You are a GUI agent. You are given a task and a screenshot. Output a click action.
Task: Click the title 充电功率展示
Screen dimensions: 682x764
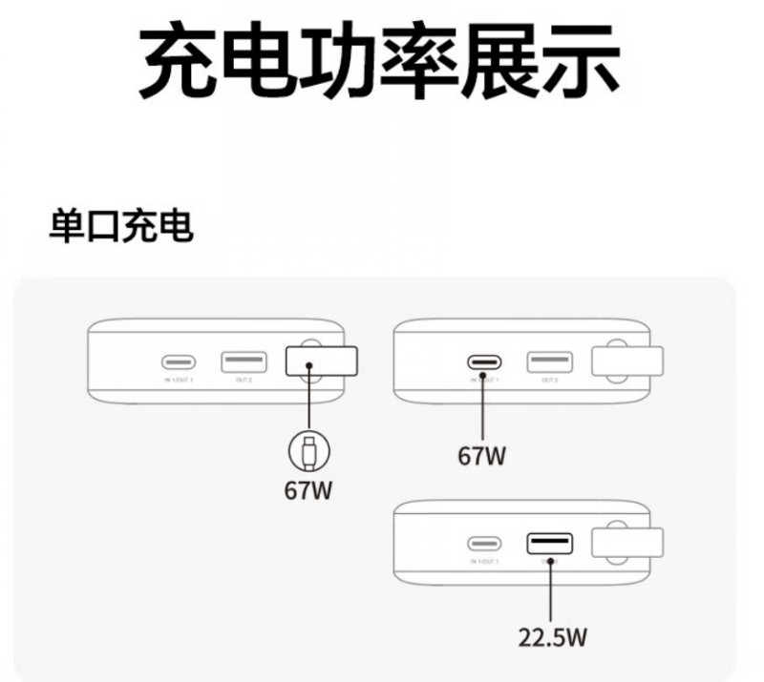pyautogui.click(x=381, y=62)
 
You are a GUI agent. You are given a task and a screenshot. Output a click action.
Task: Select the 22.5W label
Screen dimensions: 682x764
pyautogui.click(x=552, y=637)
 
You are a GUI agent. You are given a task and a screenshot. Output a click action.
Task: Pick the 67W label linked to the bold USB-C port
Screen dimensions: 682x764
pyautogui.click(x=482, y=456)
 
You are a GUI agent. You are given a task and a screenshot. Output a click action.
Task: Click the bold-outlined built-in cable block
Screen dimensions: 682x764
pyautogui.click(x=322, y=362)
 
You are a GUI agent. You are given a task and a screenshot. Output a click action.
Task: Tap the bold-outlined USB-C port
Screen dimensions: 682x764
pyautogui.click(x=484, y=362)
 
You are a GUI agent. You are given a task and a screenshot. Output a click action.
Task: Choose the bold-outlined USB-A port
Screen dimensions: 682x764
pyautogui.click(x=549, y=545)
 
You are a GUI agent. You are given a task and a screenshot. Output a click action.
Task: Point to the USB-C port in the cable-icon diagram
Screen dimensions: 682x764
pyautogui.click(x=179, y=362)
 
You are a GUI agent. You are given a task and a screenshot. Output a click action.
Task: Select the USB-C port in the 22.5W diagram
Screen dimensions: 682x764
pyautogui.click(x=484, y=545)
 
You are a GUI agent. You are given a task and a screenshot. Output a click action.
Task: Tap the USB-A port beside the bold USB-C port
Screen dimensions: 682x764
pyautogui.click(x=549, y=362)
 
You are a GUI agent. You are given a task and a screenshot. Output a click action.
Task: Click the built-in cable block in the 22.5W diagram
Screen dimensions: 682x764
pyautogui.click(x=627, y=543)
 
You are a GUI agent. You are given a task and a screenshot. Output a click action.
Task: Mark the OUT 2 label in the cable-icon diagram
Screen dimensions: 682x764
pyautogui.click(x=243, y=381)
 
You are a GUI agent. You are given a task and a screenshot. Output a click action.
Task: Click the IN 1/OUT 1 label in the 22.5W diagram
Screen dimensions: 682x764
pyautogui.click(x=484, y=563)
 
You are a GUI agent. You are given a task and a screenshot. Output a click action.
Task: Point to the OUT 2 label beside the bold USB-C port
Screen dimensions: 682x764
pyautogui.click(x=549, y=381)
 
